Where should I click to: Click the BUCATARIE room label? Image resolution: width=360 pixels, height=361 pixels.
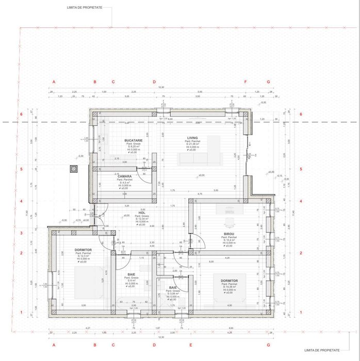(133, 140)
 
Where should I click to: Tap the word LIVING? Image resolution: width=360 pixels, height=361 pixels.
(192, 138)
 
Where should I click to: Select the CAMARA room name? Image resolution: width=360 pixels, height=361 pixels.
(124, 176)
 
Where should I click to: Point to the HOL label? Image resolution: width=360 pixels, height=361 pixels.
(142, 212)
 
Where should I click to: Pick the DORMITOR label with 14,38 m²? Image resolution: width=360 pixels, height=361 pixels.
(228, 281)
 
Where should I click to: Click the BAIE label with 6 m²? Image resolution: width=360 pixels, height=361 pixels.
(132, 274)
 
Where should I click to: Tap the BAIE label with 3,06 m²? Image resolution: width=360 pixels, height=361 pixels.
(173, 288)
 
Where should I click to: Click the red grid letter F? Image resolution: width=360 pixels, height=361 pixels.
(246, 82)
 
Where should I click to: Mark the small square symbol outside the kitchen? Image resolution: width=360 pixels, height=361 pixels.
(75, 168)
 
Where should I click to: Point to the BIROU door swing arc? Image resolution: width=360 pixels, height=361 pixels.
(196, 239)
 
